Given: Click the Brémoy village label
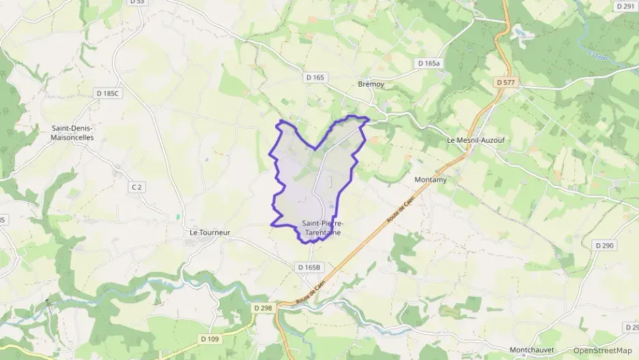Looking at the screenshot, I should [371, 85].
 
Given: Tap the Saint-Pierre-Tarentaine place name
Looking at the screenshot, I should [323, 228].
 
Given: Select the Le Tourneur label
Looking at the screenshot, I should [210, 232].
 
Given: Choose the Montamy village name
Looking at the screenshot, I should [430, 180].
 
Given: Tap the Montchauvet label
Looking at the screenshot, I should [532, 349].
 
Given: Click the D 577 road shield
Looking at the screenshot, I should [506, 83].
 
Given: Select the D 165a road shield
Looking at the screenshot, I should [429, 63].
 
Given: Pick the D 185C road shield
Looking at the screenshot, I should [108, 92].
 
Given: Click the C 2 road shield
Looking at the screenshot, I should [137, 186].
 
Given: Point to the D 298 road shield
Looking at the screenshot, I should [264, 308].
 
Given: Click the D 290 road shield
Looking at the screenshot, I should [605, 245].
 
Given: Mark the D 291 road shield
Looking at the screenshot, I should [625, 6].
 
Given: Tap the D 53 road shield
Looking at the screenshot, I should [137, 3].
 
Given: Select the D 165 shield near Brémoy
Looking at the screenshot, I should [315, 78].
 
